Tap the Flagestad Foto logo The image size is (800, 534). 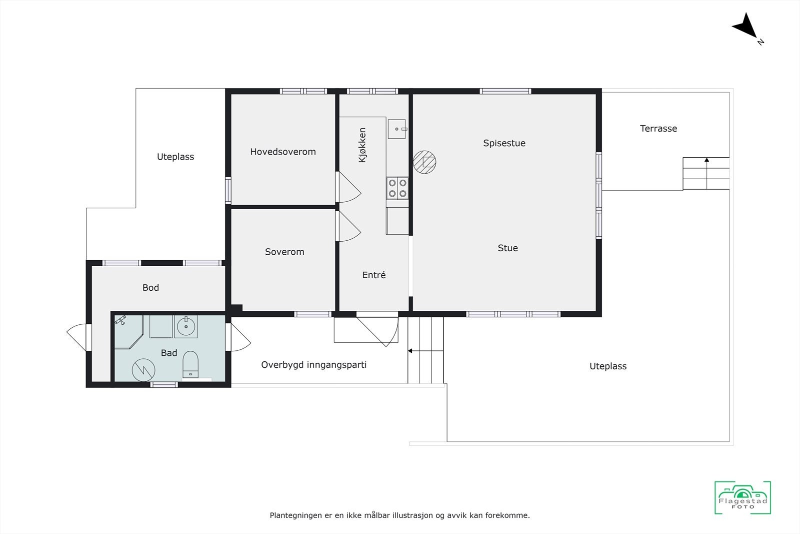click(742, 497)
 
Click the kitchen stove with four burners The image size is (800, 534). click(397, 188)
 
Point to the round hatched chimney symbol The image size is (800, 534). click(424, 162)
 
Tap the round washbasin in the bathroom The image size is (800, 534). click(186, 326)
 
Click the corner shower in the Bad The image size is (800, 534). click(127, 330)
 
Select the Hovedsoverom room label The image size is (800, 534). click(283, 152)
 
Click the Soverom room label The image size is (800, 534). click(284, 252)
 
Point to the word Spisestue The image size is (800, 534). click(504, 143)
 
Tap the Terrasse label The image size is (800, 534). click(658, 129)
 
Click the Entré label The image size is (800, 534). click(374, 275)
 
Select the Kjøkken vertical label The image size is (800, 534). click(362, 145)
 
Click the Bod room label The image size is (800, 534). click(150, 288)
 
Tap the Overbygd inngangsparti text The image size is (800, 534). click(313, 365)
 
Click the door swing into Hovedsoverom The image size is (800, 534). click(348, 188)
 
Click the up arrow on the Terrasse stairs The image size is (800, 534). click(706, 161)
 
